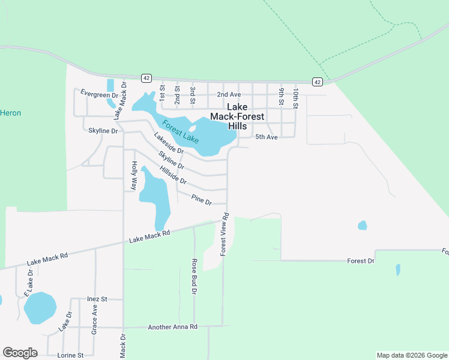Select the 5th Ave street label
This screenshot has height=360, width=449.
tap(267, 137)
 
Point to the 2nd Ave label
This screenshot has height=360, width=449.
tap(229, 95)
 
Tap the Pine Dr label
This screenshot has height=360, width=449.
tap(201, 200)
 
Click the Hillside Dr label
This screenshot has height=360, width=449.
tap(173, 175)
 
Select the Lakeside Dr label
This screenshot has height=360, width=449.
tap(169, 143)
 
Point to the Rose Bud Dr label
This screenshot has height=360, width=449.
tap(194, 276)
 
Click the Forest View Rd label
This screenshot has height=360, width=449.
tap(224, 235)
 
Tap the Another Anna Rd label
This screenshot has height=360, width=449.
tap(173, 327)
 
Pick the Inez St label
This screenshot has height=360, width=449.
tap(97, 299)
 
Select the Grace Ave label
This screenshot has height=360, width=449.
tap(94, 319)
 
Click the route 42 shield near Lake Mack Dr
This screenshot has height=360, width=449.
tap(146, 78)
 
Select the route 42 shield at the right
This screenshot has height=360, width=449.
tap(318, 82)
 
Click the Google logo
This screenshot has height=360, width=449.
tap(20, 353)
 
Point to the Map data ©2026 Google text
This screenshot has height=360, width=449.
tap(411, 355)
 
